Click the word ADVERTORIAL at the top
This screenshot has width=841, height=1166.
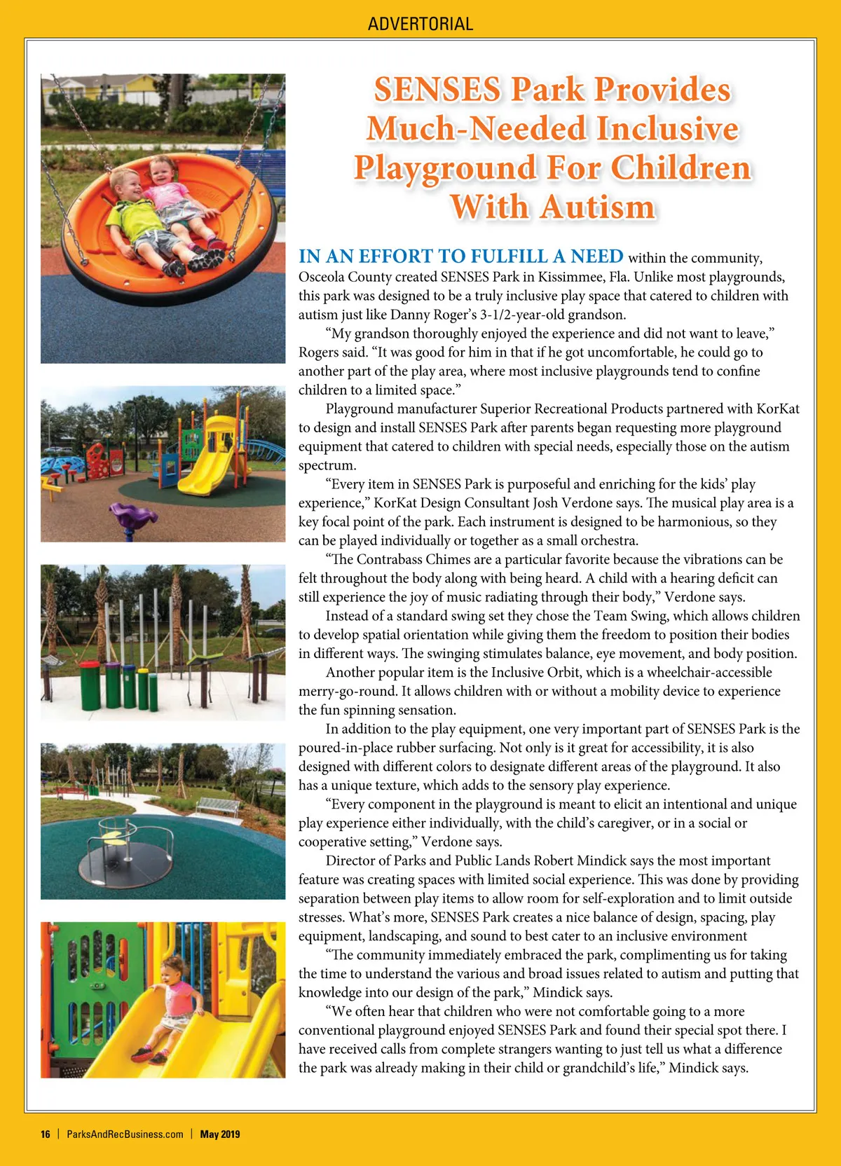(420, 24)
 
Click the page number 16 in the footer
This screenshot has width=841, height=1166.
(46, 1134)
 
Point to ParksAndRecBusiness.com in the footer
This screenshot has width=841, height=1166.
(125, 1134)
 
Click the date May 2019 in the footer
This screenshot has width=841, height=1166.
(220, 1134)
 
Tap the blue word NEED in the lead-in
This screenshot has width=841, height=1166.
(596, 256)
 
